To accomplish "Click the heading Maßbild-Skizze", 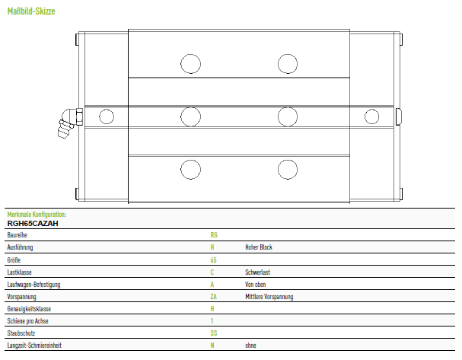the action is pyautogui.click(x=31, y=11).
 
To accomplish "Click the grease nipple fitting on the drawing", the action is pyautogui.click(x=69, y=122).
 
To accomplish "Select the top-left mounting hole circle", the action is pyautogui.click(x=190, y=64).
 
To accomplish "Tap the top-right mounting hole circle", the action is pyautogui.click(x=288, y=64).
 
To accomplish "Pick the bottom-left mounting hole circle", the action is pyautogui.click(x=190, y=170).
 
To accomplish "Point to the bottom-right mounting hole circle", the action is pyautogui.click(x=288, y=170).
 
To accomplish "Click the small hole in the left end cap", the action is pyautogui.click(x=107, y=116).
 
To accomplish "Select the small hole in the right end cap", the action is pyautogui.click(x=372, y=116).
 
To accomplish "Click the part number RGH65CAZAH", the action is pyautogui.click(x=33, y=223).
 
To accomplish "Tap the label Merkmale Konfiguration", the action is pyautogui.click(x=37, y=215).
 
